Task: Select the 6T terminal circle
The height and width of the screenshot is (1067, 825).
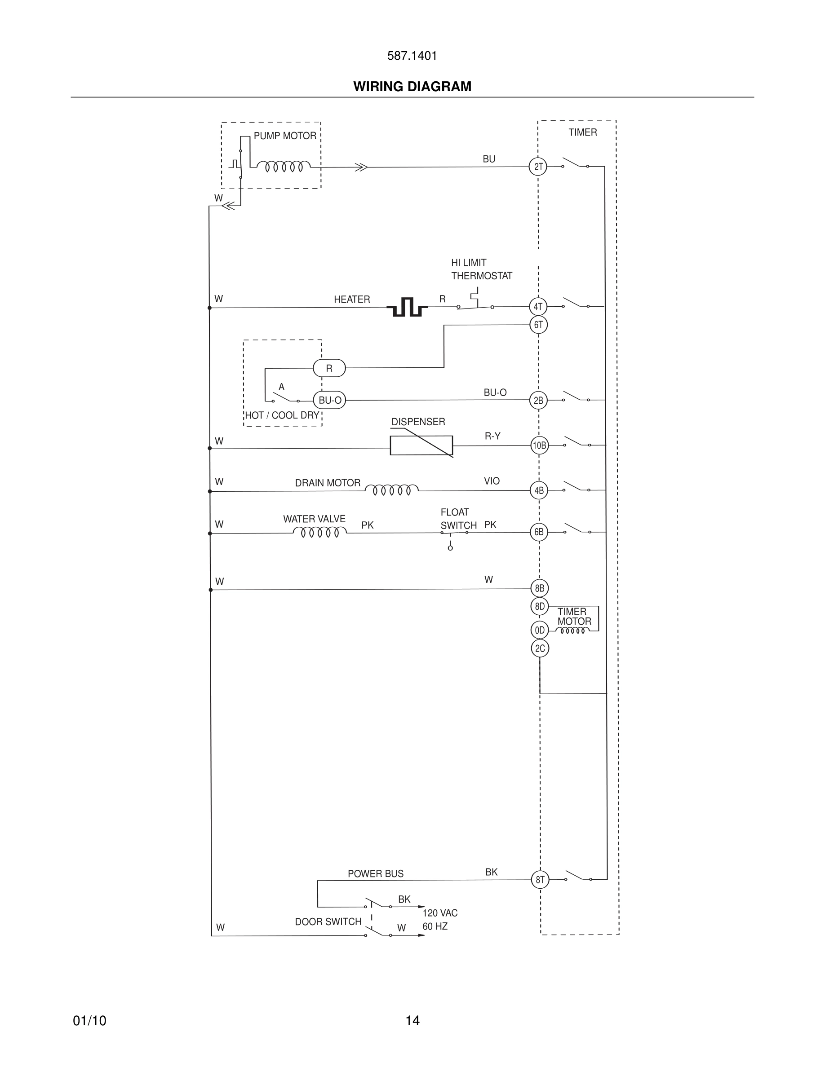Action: [x=538, y=325]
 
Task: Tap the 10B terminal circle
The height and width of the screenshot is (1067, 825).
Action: [x=539, y=445]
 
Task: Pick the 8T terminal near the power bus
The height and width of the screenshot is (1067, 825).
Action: [x=540, y=880]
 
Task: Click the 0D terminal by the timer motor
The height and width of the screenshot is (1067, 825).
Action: [x=540, y=630]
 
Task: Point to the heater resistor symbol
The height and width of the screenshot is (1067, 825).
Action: [x=407, y=307]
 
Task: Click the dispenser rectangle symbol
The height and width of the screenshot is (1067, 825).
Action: [x=421, y=445]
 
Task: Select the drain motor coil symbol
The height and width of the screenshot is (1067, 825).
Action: [x=391, y=489]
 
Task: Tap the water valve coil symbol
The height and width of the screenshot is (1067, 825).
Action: [x=319, y=532]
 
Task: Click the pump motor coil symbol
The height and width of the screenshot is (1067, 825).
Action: [x=284, y=167]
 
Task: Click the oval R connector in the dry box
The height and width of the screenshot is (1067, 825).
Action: [x=329, y=368]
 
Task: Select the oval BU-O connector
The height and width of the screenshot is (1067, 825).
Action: [x=329, y=401]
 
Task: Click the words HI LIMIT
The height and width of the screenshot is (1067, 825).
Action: [x=468, y=263]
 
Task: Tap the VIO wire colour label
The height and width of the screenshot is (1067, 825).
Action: [x=492, y=481]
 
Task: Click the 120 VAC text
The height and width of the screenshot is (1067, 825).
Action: [x=440, y=913]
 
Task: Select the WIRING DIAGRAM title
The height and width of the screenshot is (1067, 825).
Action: [x=412, y=87]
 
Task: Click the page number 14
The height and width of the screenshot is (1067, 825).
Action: [x=412, y=1021]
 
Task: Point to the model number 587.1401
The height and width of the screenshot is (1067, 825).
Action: [x=412, y=56]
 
